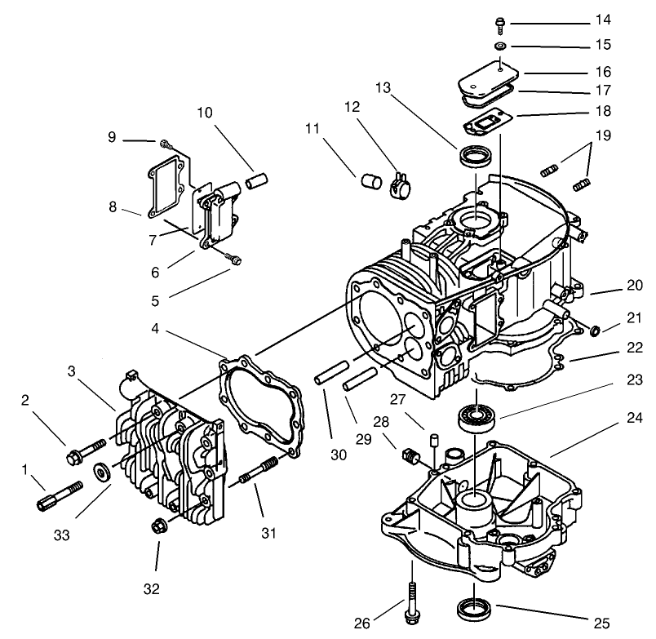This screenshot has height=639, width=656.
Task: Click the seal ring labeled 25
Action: [472, 607]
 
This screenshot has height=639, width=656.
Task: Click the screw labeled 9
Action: [168, 144]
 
